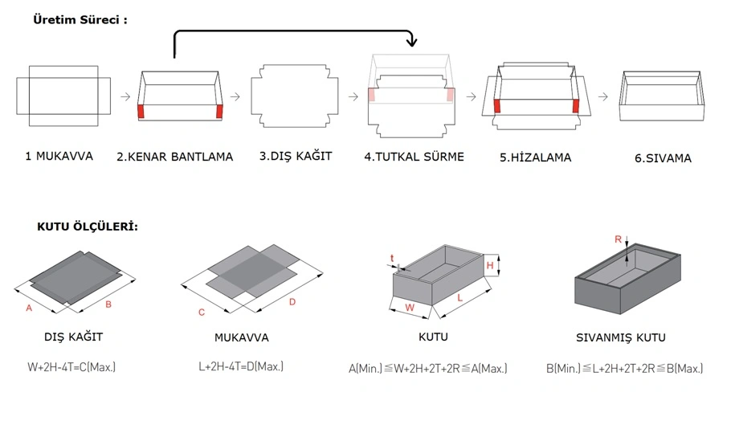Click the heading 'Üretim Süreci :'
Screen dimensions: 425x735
click(80, 18)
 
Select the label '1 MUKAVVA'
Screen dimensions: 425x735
click(58, 156)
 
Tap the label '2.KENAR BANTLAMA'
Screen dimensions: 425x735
click(174, 157)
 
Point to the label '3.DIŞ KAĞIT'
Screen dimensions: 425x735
click(295, 156)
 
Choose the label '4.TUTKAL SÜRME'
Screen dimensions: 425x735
click(414, 157)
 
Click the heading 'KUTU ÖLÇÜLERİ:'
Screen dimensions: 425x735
click(88, 227)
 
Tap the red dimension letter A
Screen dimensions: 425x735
click(30, 308)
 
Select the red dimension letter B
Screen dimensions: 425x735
click(108, 304)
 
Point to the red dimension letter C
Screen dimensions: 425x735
click(202, 312)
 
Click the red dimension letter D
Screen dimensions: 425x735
click(292, 302)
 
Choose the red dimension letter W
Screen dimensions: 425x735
click(409, 307)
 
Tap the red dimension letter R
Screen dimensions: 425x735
click(617, 239)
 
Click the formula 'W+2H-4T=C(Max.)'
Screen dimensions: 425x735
click(71, 367)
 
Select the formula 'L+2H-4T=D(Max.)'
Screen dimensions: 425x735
click(240, 366)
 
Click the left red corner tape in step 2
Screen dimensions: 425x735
click(142, 112)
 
